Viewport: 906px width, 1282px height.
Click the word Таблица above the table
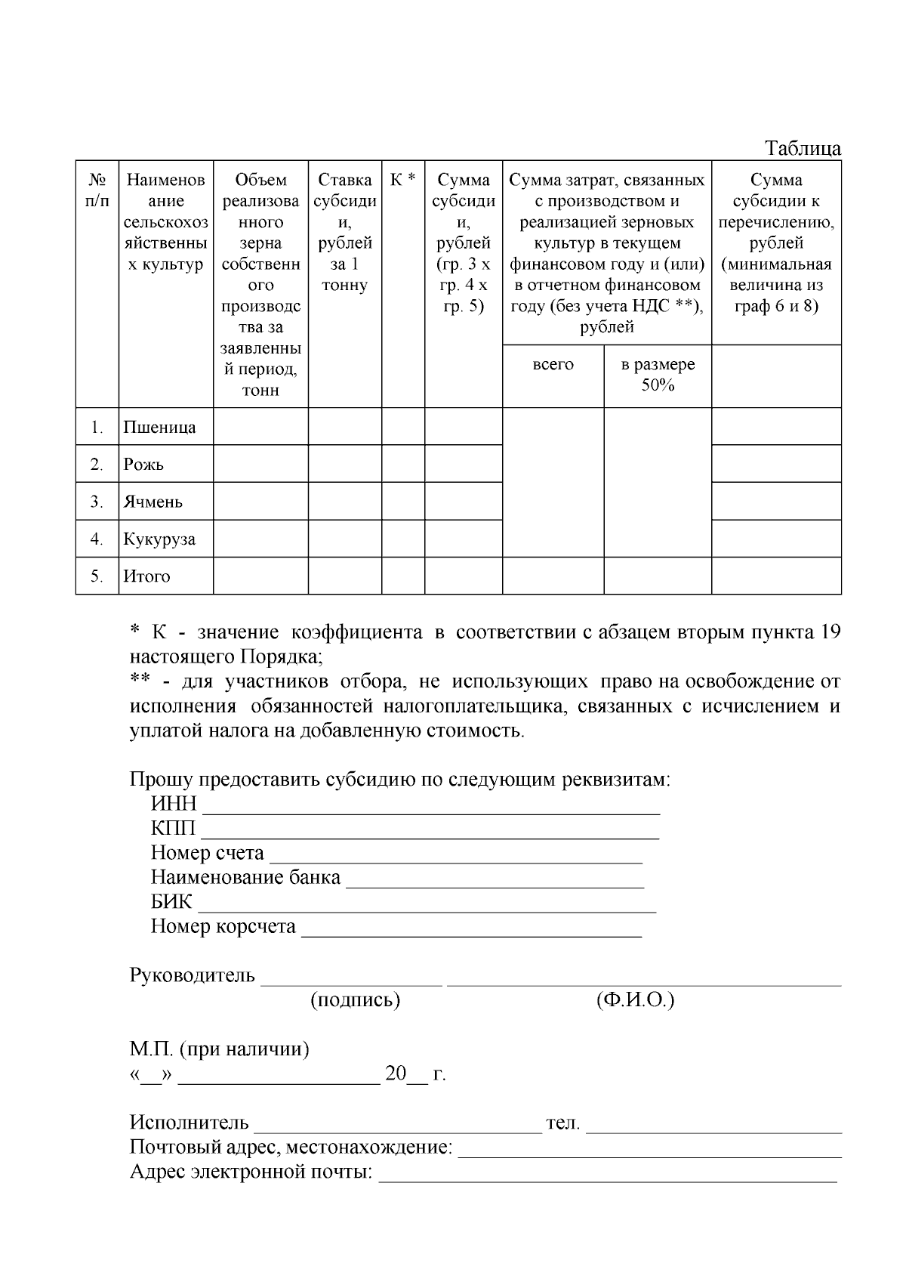(803, 148)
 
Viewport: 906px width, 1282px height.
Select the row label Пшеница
(159, 428)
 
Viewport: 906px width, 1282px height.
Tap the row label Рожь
(143, 465)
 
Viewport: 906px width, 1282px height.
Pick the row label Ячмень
(153, 502)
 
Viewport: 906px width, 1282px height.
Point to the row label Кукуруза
(159, 539)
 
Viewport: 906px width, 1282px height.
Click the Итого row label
(146, 576)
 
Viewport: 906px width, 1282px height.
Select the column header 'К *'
(402, 180)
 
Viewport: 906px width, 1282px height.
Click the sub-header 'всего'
(553, 365)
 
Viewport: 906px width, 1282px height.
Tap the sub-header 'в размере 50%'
(657, 375)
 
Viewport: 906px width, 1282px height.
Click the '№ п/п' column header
(97, 190)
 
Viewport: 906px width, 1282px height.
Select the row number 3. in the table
(97, 502)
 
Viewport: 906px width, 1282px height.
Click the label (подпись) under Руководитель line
(355, 1000)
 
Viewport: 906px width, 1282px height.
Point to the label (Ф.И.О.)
(635, 1000)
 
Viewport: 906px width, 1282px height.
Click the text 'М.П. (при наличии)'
(219, 1049)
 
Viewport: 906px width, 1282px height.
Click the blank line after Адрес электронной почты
(607, 1177)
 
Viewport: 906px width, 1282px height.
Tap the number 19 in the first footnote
(830, 632)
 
